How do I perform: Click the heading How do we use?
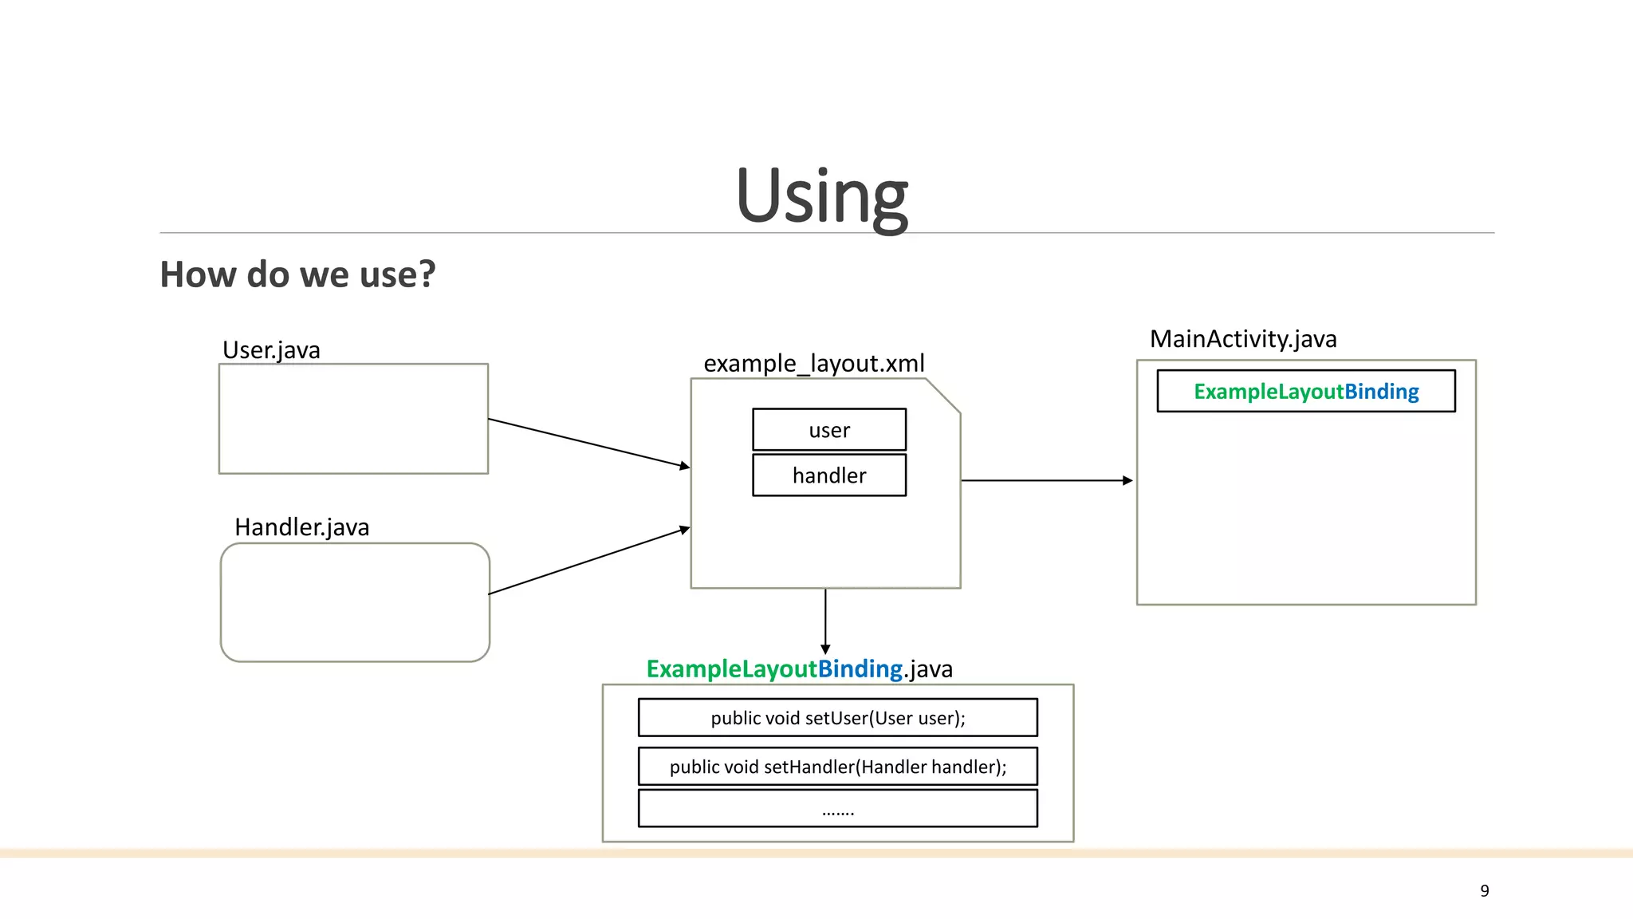pos(297,274)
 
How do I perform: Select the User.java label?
pos(271,349)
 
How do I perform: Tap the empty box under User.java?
pos(353,419)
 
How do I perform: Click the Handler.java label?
pos(301,527)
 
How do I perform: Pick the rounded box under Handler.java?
pos(355,602)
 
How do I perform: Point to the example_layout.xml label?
pos(813,363)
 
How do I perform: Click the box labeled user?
pos(829,430)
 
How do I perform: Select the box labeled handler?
pos(829,475)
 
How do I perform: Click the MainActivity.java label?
pos(1243,338)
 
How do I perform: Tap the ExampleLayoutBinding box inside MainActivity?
pos(1306,391)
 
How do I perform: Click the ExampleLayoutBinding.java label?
pos(799,669)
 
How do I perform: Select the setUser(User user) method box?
pos(838,717)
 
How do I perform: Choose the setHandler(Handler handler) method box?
pos(838,767)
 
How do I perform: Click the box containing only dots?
pos(838,808)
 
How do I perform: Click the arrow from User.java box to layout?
pos(588,443)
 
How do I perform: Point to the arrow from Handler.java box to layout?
pos(588,561)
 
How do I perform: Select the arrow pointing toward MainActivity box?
pos(1046,480)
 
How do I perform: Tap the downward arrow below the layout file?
pos(825,621)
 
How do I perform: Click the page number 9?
pos(1484,890)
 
